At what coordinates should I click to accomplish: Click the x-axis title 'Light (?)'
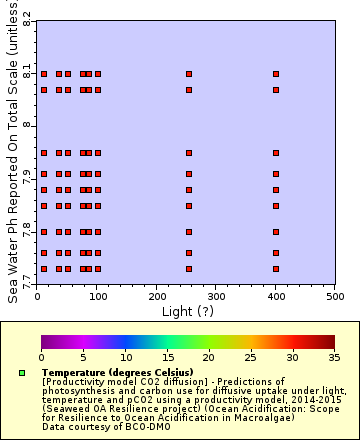(x=185, y=311)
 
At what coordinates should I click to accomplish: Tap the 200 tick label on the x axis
(x=156, y=296)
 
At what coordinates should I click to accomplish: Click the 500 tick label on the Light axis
(x=334, y=296)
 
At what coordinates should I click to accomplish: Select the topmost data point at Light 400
(x=276, y=74)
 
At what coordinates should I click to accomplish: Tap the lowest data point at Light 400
(x=276, y=269)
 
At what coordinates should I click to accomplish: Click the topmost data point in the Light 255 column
(x=189, y=74)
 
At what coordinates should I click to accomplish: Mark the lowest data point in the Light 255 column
(x=189, y=269)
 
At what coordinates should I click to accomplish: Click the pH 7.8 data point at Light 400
(x=276, y=233)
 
